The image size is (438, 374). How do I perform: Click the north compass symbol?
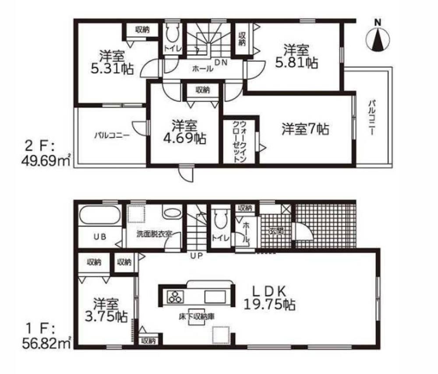click(x=378, y=38)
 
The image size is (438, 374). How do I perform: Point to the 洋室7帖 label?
click(x=305, y=129)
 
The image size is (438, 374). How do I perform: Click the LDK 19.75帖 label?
click(x=269, y=297)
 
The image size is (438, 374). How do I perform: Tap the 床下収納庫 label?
click(x=196, y=315)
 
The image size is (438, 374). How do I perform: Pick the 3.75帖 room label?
click(x=106, y=310)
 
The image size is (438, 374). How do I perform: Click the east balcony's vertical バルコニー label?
click(x=371, y=118)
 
